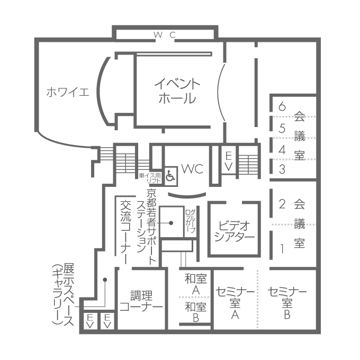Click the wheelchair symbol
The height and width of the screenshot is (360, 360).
pyautogui.click(x=170, y=176)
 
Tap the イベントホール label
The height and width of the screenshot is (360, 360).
pyautogui.click(x=177, y=91)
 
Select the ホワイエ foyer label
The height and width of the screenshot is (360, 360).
pyautogui.click(x=68, y=92)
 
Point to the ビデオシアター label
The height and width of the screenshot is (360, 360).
pyautogui.click(x=235, y=231)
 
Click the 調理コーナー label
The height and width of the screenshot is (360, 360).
pyautogui.click(x=141, y=301)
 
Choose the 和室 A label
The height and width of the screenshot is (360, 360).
pyautogui.click(x=195, y=284)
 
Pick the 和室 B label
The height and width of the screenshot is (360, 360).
pyautogui.click(x=196, y=312)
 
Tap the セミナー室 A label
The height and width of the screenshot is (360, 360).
pyautogui.click(x=235, y=303)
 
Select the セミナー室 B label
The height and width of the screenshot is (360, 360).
pyautogui.click(x=287, y=303)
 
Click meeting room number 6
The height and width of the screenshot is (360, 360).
pyautogui.click(x=282, y=106)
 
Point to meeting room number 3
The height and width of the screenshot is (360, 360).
pyautogui.click(x=282, y=169)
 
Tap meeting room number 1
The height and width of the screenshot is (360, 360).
pyautogui.click(x=282, y=249)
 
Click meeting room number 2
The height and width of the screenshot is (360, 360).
pyautogui.click(x=282, y=204)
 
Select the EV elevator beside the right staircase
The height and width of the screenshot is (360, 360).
pyautogui.click(x=229, y=161)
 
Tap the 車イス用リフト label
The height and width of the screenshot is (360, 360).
pyautogui.click(x=150, y=178)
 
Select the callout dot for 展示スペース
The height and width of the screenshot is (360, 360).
pyautogui.click(x=105, y=280)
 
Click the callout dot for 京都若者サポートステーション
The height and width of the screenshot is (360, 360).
pyautogui.click(x=171, y=223)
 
